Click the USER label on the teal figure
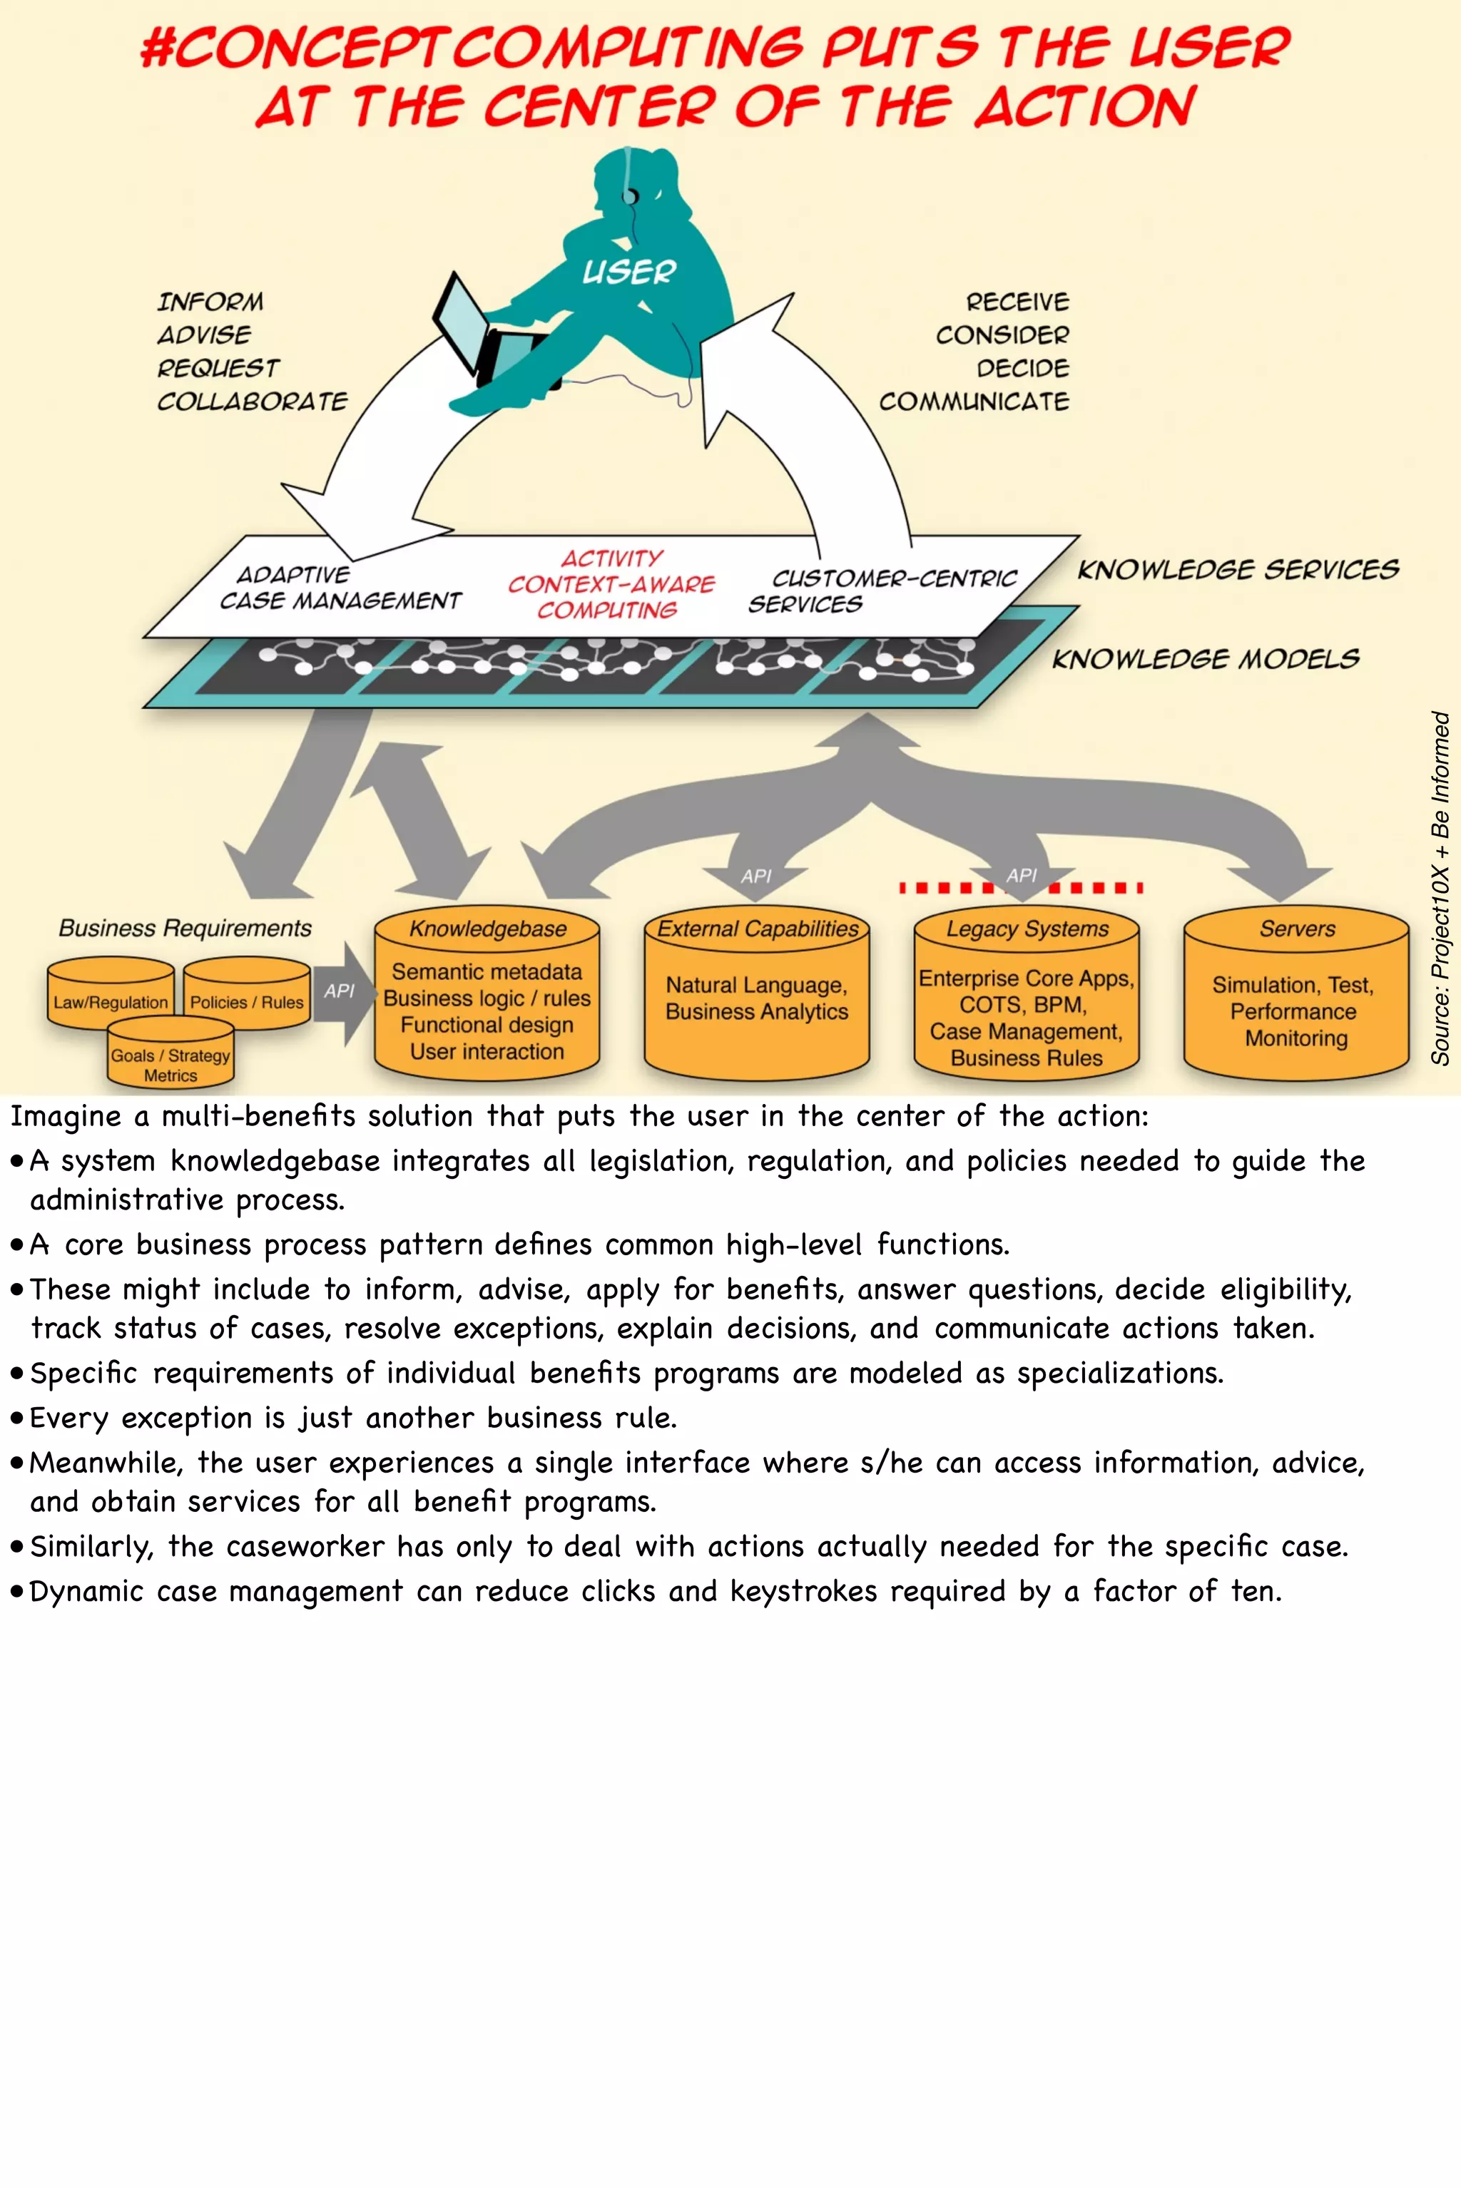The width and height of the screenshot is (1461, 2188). pyautogui.click(x=629, y=271)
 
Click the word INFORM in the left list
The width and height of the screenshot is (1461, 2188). pyautogui.click(x=210, y=302)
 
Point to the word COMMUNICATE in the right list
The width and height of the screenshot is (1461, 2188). pyautogui.click(x=974, y=402)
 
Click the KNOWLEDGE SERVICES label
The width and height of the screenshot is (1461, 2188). pyautogui.click(x=1238, y=569)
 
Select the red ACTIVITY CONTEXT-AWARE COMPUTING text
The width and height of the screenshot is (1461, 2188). pyautogui.click(x=611, y=584)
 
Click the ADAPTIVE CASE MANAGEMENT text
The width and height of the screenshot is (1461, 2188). pyautogui.click(x=340, y=588)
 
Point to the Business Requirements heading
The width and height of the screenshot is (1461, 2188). pyautogui.click(x=185, y=928)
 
